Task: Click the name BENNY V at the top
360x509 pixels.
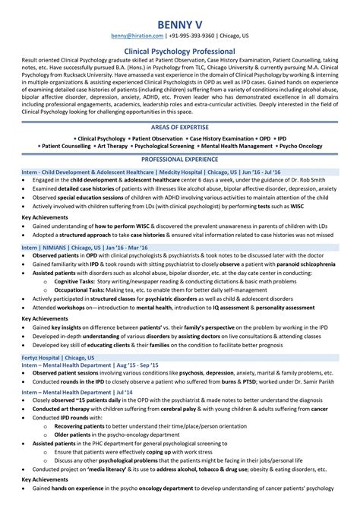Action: [180, 13]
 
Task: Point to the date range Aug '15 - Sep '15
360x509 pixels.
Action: [134, 364]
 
